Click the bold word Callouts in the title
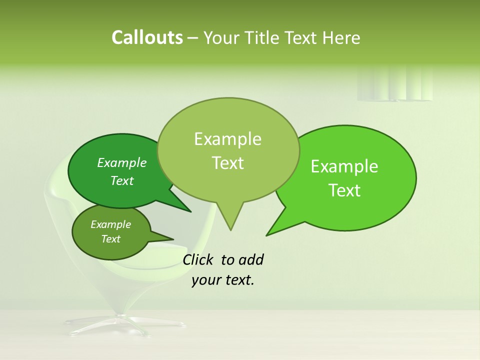click(x=147, y=38)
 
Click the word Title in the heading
click(x=264, y=38)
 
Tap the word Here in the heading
click(x=339, y=38)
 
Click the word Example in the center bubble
click(x=227, y=139)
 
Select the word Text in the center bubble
click(x=227, y=163)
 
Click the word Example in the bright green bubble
click(x=344, y=166)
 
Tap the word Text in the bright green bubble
click(x=344, y=190)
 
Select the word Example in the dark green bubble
click(x=121, y=163)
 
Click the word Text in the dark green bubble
click(x=121, y=181)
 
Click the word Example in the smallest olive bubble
click(x=110, y=224)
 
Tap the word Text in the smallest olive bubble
click(x=110, y=239)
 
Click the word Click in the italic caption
click(x=197, y=260)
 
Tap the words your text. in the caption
click(x=223, y=280)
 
